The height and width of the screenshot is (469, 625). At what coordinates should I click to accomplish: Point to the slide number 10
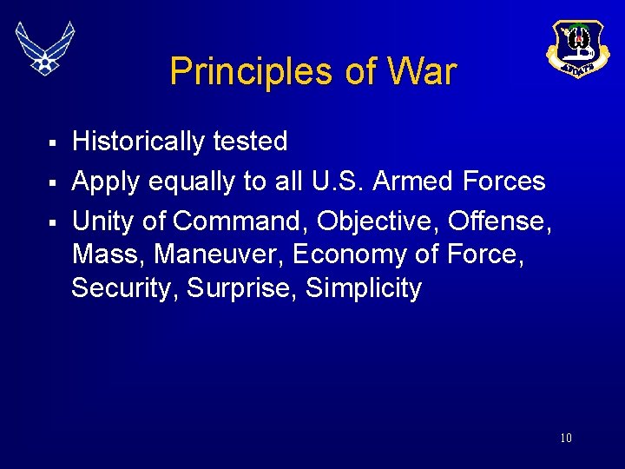pos(565,438)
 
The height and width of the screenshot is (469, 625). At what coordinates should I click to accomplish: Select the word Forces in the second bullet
pos(503,182)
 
